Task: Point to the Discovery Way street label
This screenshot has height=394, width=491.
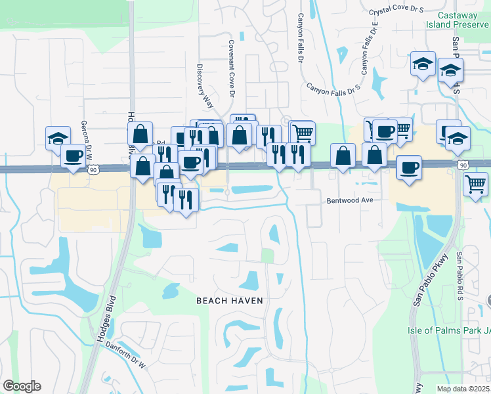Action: click(x=205, y=85)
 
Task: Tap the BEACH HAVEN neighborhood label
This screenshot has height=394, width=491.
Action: click(x=230, y=301)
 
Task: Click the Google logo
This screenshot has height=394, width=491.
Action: click(x=22, y=386)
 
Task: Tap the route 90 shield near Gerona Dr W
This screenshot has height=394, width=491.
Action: click(x=93, y=170)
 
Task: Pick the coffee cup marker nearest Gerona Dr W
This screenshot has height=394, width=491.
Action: click(x=73, y=156)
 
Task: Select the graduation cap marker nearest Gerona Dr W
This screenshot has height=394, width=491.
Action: click(x=58, y=138)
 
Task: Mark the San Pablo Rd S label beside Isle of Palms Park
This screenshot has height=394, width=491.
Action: click(x=461, y=276)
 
